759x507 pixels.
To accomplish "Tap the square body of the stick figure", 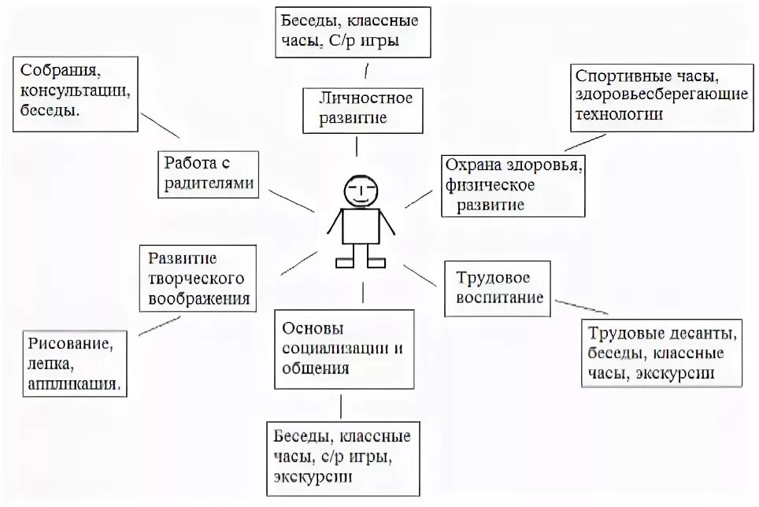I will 361,226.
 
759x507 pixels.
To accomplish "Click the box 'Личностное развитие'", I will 358,109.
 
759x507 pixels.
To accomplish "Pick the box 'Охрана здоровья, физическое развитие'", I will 512,185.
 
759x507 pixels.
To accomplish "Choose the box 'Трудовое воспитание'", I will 498,288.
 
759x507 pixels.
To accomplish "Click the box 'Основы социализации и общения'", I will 343,347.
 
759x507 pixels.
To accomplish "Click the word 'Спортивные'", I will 618,78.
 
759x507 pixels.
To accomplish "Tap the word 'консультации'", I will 75,91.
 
